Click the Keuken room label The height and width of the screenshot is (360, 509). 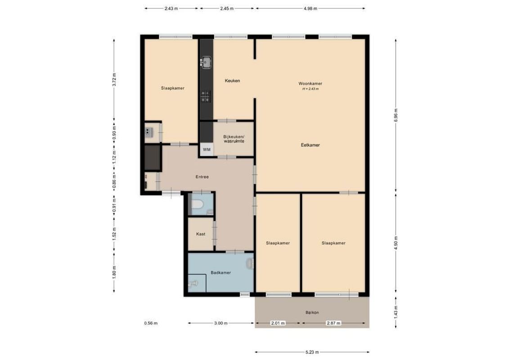[x=233, y=81]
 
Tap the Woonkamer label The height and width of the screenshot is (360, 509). [x=310, y=84]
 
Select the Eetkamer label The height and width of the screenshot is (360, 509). [x=310, y=145]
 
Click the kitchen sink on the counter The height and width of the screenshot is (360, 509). [x=207, y=62]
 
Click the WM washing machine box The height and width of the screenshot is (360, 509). [x=207, y=149]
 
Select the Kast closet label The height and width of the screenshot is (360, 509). [x=201, y=234]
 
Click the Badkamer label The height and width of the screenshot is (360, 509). [x=221, y=273]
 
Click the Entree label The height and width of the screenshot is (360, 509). [x=202, y=177]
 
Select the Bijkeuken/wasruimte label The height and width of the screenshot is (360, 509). [x=234, y=139]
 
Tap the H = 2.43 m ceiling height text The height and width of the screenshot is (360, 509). [x=310, y=89]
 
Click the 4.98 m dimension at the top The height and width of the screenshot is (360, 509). [x=310, y=8]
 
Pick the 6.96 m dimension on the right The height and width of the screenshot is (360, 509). [x=396, y=115]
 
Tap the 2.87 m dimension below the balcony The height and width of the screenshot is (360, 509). [x=333, y=323]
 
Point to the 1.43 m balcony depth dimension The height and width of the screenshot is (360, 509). [x=396, y=310]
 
